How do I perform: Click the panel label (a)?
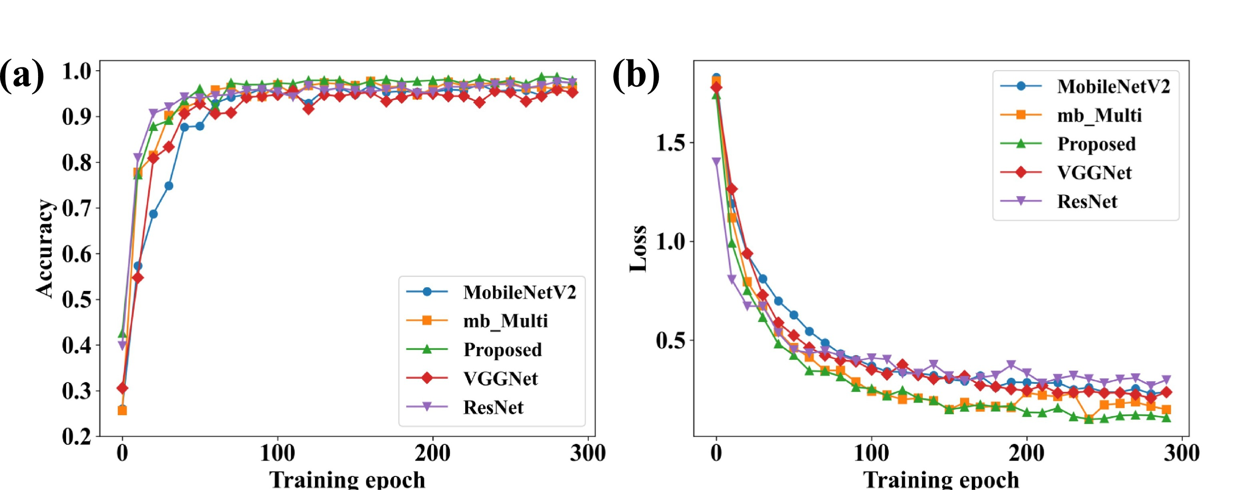22,75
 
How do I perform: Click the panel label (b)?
636,75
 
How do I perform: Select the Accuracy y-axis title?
44,248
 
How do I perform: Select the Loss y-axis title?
638,248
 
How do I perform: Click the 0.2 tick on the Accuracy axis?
77,436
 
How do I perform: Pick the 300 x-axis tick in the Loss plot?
1181,454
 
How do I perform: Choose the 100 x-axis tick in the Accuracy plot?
277,454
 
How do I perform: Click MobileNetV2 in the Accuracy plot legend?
519,292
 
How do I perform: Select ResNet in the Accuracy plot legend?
493,407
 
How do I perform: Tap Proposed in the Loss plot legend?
1096,144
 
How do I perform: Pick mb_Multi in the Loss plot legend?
1099,115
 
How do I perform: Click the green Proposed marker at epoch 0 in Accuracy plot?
122,334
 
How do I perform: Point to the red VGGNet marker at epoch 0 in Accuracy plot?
122,388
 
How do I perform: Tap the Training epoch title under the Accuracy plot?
347,479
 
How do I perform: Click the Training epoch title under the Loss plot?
941,479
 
